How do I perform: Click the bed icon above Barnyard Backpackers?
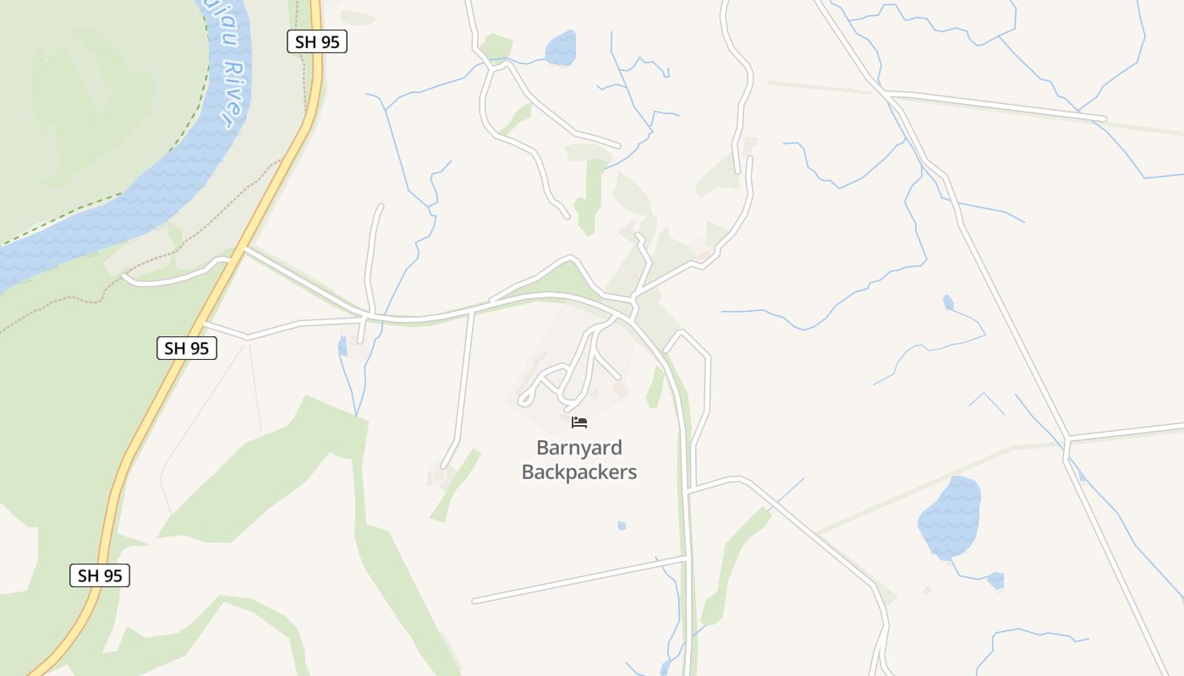coord(579,422)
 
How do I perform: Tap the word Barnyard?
coord(578,448)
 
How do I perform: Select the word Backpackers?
coord(578,472)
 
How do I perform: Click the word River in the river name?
coord(231,93)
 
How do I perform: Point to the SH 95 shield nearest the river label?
coord(316,41)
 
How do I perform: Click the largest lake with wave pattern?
coord(949,516)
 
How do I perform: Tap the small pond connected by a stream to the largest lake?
coord(995,581)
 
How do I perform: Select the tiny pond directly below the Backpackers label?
coord(622,526)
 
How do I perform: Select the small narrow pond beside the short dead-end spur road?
coord(343,346)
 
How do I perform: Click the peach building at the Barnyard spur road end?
coord(622,390)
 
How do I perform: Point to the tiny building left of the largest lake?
coord(927,591)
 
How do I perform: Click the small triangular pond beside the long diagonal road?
coord(948,303)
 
